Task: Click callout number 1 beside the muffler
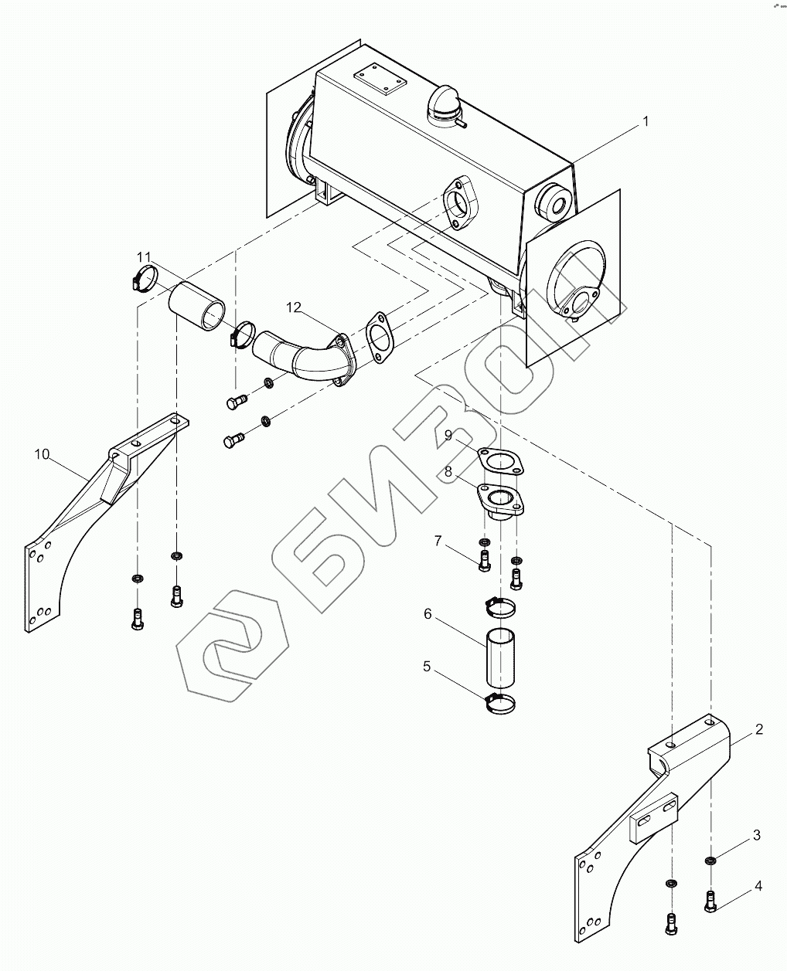646,121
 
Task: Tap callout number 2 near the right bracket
759,729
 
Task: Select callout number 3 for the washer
757,835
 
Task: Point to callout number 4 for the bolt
758,886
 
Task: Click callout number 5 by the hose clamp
427,666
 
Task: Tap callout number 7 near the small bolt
438,542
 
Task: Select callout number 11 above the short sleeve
145,256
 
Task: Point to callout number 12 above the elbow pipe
293,307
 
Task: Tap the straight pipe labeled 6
499,659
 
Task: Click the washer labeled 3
709,861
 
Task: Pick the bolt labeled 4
710,901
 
